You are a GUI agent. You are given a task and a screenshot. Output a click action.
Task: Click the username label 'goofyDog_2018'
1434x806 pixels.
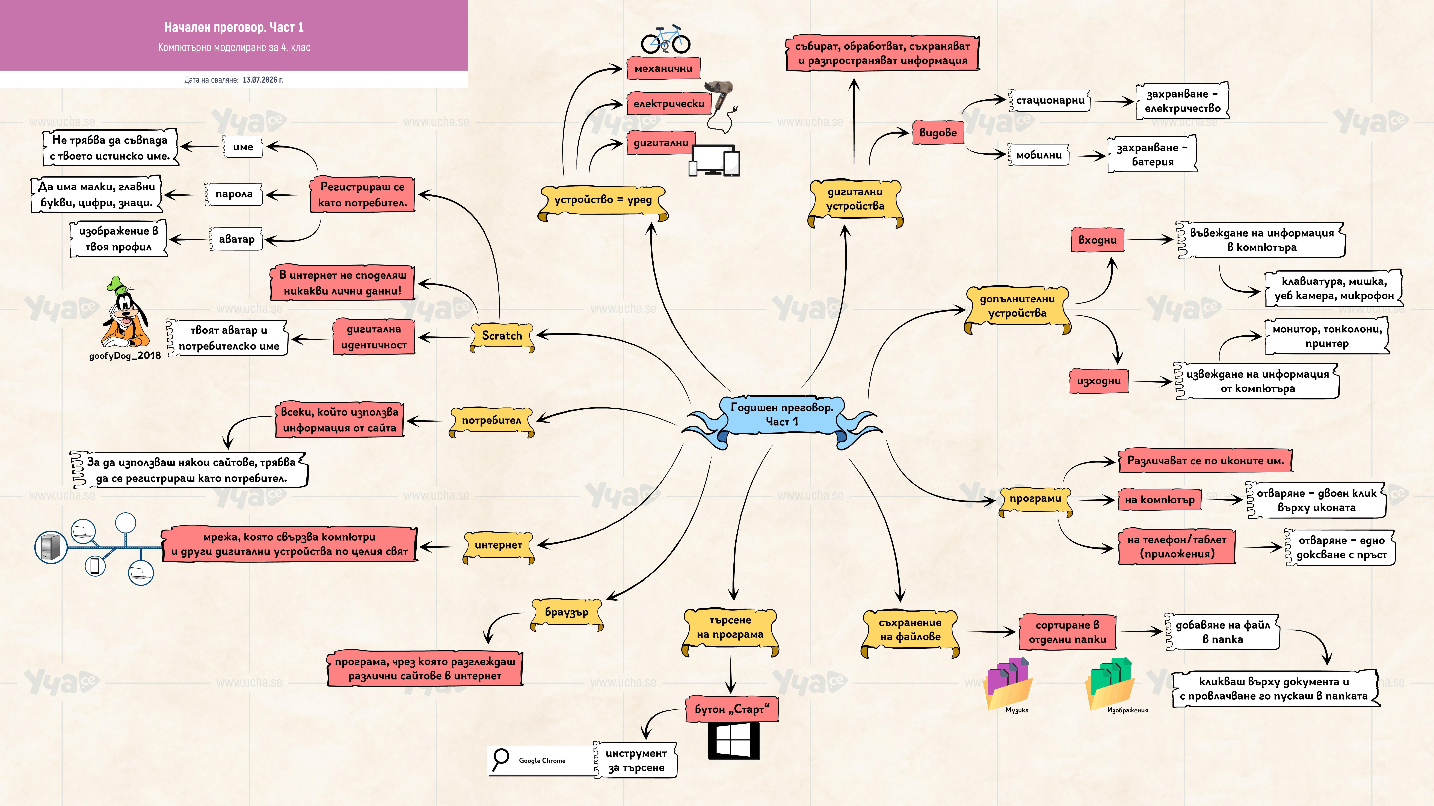(125, 355)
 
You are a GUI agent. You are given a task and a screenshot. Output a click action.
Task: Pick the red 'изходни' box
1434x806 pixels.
(1098, 381)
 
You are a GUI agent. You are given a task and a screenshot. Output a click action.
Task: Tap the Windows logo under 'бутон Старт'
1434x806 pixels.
(734, 740)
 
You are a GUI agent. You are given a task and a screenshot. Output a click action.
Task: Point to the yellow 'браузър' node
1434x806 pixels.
(567, 613)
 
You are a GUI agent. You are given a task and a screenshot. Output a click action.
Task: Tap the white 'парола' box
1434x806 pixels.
(234, 194)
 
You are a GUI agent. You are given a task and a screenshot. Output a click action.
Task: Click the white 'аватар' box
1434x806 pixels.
(236, 239)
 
